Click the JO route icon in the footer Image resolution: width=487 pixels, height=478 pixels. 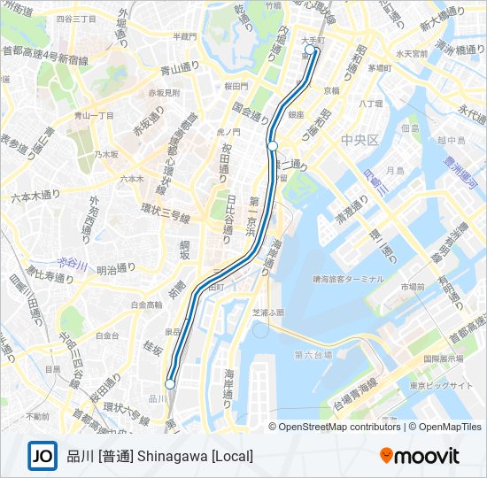click(x=42, y=456)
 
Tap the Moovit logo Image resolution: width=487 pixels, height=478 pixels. click(x=420, y=456)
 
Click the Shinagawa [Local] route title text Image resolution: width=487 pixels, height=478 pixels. click(x=159, y=456)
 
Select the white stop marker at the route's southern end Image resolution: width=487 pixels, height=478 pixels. click(x=170, y=383)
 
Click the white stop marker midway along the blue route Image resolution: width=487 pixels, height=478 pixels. click(x=273, y=145)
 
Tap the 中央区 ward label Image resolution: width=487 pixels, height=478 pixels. click(x=359, y=140)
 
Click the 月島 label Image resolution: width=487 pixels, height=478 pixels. click(x=394, y=169)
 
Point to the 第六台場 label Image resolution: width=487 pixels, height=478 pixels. click(x=313, y=355)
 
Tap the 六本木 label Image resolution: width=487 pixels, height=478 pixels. click(x=131, y=178)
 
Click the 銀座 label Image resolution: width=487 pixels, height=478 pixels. click(x=296, y=114)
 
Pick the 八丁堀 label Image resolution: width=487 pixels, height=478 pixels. click(x=370, y=104)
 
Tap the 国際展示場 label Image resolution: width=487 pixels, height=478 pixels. click(x=444, y=359)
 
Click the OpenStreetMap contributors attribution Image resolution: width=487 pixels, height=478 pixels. click(x=339, y=427)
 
